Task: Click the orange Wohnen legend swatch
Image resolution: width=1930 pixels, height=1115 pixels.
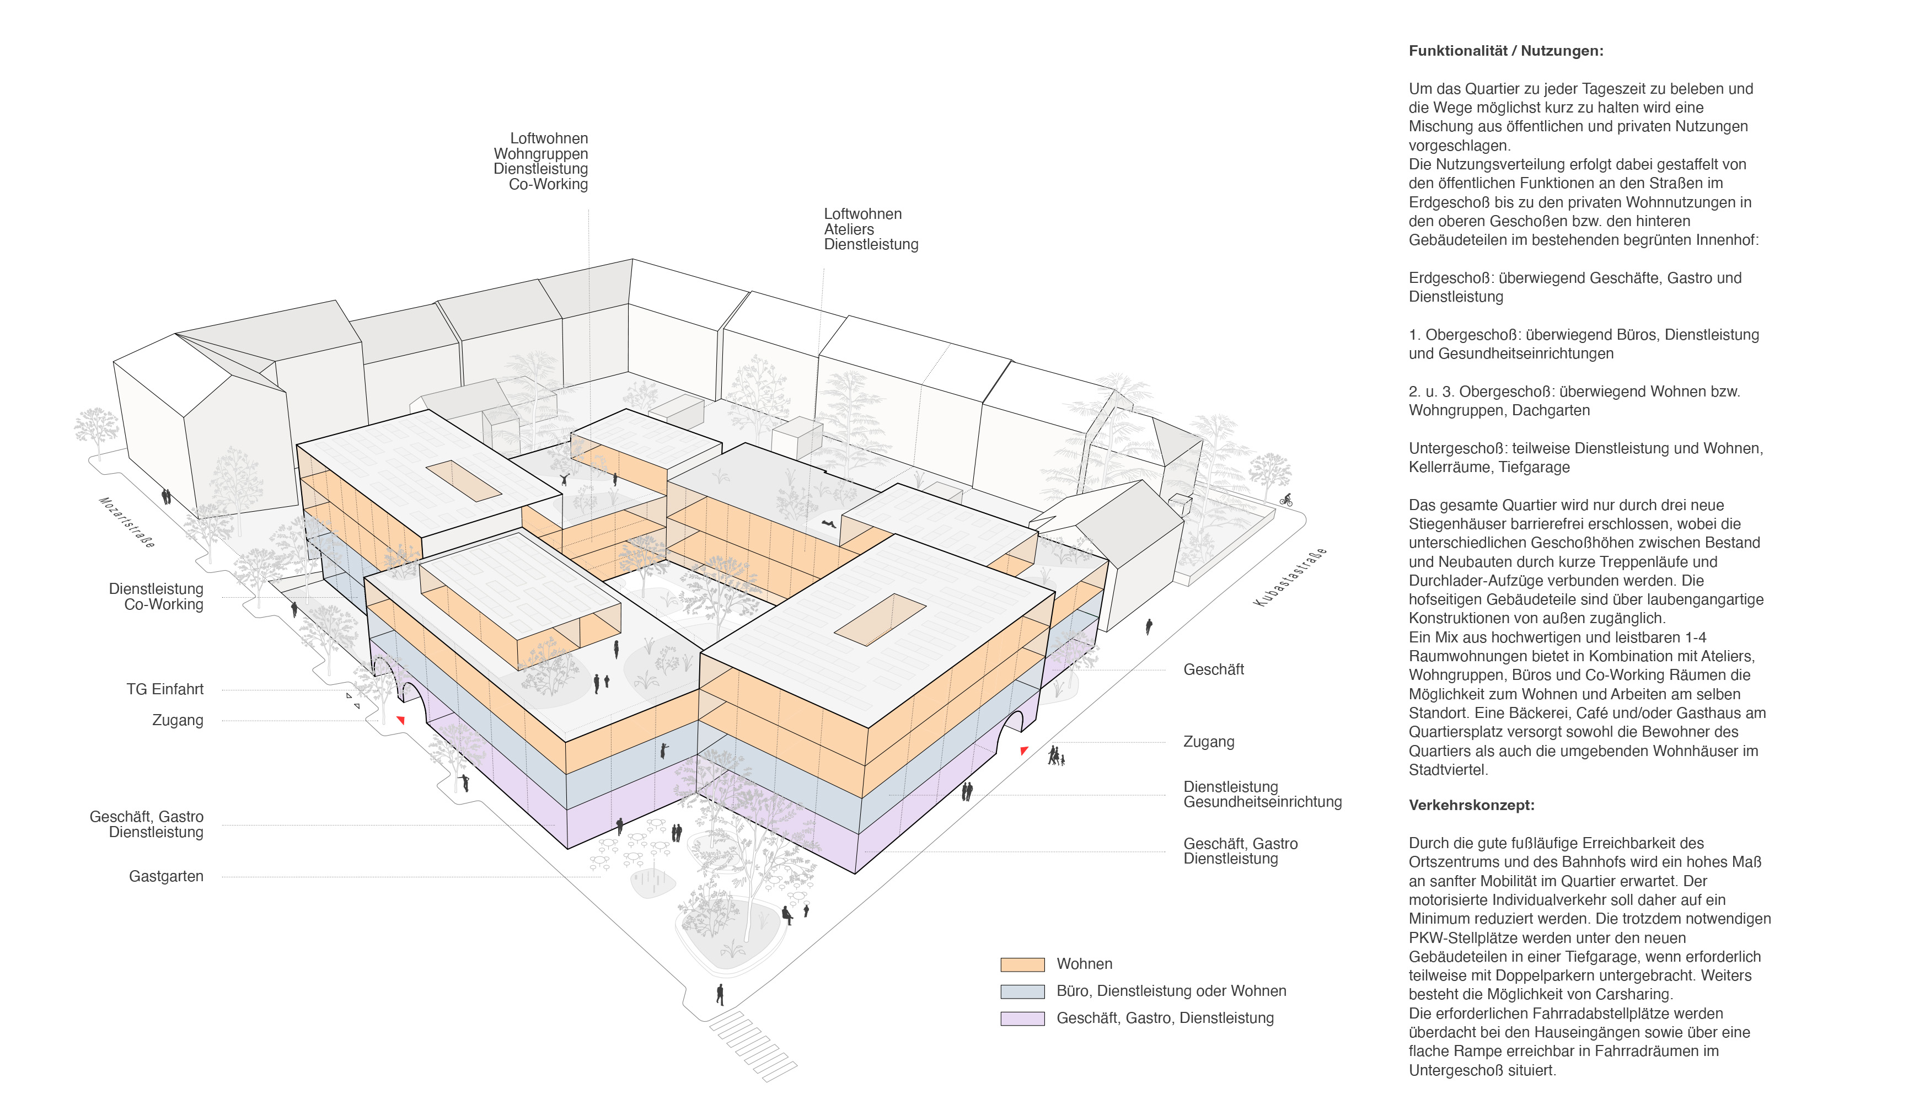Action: click(x=1022, y=964)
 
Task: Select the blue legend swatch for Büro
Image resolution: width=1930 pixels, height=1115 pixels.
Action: click(x=1022, y=991)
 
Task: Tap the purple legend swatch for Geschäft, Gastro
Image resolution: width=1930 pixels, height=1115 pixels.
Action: click(x=1022, y=1018)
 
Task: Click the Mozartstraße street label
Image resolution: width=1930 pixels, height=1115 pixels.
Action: click(x=127, y=522)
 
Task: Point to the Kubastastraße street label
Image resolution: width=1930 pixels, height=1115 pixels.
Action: click(x=1289, y=577)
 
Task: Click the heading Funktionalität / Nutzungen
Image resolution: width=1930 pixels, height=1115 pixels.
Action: click(x=1505, y=51)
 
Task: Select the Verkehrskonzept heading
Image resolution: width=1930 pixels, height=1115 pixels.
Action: click(x=1471, y=805)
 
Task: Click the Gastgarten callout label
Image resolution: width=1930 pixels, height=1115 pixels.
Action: click(x=165, y=876)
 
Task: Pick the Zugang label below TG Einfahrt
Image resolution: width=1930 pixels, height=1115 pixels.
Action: click(x=178, y=720)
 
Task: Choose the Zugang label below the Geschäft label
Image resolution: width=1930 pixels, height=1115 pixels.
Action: click(x=1208, y=741)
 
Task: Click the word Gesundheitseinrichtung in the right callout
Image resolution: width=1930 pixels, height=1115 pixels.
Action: click(x=1262, y=802)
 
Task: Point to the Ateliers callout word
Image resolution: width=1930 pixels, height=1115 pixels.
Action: click(x=848, y=229)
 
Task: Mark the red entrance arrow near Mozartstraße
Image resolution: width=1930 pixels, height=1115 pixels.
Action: click(x=400, y=720)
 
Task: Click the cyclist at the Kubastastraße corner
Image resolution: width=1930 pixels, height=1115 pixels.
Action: click(x=1286, y=500)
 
